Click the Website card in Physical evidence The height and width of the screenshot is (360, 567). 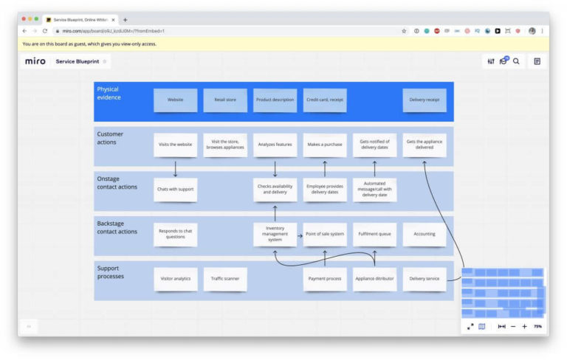pyautogui.click(x=175, y=100)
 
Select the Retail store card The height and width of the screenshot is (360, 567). pyautogui.click(x=225, y=100)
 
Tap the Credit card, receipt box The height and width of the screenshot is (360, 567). pyautogui.click(x=325, y=100)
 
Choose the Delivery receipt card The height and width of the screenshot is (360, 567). pyautogui.click(x=425, y=100)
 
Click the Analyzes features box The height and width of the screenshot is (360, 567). pyautogui.click(x=275, y=145)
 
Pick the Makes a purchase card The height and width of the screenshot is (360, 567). pyautogui.click(x=325, y=145)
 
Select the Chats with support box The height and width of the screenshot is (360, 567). pyautogui.click(x=175, y=190)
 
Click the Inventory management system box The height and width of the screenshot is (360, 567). pyautogui.click(x=275, y=235)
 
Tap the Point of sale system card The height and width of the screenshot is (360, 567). pyautogui.click(x=325, y=235)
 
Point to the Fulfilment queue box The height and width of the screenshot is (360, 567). pyautogui.click(x=374, y=235)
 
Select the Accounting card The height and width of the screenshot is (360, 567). pyautogui.click(x=425, y=235)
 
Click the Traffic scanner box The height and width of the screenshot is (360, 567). pyautogui.click(x=225, y=279)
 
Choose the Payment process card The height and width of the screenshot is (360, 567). pyautogui.click(x=325, y=279)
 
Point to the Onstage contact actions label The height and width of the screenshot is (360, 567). pyautogui.click(x=117, y=183)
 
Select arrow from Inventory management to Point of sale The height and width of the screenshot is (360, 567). pyautogui.click(x=300, y=235)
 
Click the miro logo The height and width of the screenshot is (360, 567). pyautogui.click(x=35, y=61)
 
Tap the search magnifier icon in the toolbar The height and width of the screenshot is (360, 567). pyautogui.click(x=516, y=61)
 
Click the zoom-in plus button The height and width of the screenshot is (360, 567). pyautogui.click(x=524, y=326)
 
